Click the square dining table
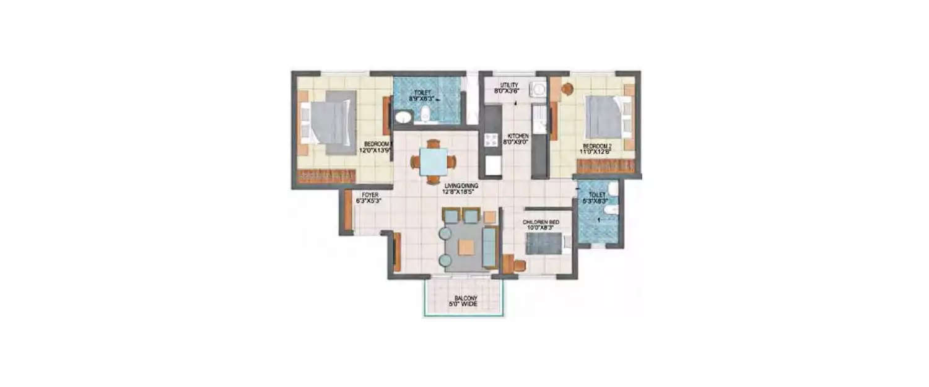tap(433, 162)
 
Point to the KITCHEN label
tap(517, 136)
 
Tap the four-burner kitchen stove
tap(492, 140)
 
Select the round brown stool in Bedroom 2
tap(567, 89)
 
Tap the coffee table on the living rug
tap(466, 247)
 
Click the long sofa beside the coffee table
tap(489, 246)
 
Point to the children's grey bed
tap(543, 243)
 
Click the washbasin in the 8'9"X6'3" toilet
tap(403, 117)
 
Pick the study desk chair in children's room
tap(519, 266)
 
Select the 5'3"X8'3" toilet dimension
tap(598, 201)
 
